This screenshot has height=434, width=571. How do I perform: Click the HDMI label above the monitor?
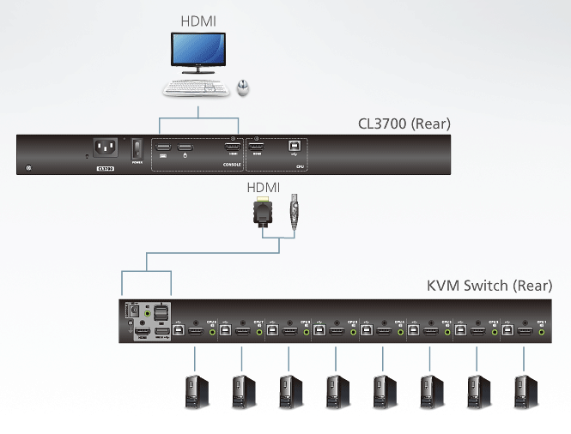[x=199, y=18]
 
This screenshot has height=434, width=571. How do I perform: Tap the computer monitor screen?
[x=198, y=53]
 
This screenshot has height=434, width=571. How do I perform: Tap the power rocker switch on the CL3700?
[x=134, y=151]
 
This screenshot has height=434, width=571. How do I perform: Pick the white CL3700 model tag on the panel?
[x=105, y=169]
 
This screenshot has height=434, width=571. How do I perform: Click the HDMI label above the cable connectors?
[x=264, y=187]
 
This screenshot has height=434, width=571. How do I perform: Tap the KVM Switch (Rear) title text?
[x=489, y=286]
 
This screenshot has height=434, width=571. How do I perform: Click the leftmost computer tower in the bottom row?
[x=191, y=392]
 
